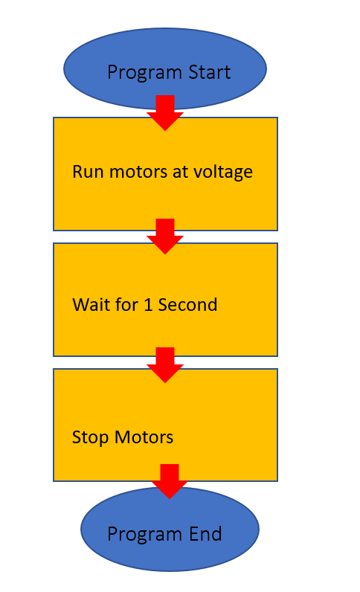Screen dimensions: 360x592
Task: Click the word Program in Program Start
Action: (145, 73)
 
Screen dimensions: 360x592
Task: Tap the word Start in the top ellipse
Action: (210, 71)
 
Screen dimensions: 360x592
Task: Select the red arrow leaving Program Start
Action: (165, 113)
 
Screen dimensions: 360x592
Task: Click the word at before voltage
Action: (180, 172)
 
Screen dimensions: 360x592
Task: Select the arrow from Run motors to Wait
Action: (165, 237)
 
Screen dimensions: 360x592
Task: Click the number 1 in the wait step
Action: (148, 305)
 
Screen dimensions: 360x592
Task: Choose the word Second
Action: (187, 305)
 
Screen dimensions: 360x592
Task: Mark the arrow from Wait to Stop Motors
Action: (165, 365)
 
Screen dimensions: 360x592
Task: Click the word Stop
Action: (90, 438)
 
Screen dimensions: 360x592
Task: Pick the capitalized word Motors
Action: (144, 437)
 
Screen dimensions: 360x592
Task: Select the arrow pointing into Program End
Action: (170, 481)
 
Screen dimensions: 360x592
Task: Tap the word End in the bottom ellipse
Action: (205, 534)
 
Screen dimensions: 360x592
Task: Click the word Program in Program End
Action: (145, 535)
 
